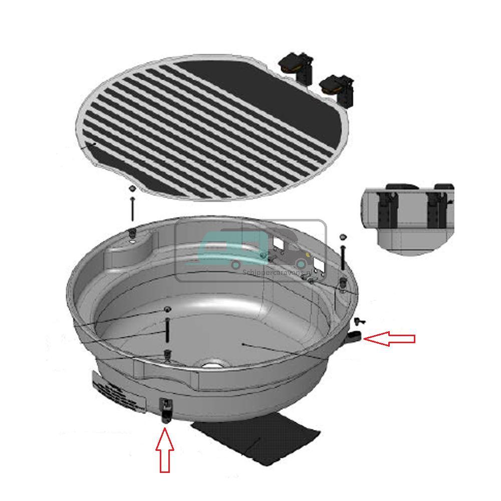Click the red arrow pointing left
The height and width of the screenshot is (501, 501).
[389, 339]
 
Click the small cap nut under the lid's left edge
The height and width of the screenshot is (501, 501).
[131, 189]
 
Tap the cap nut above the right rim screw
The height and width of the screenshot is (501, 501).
[343, 235]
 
